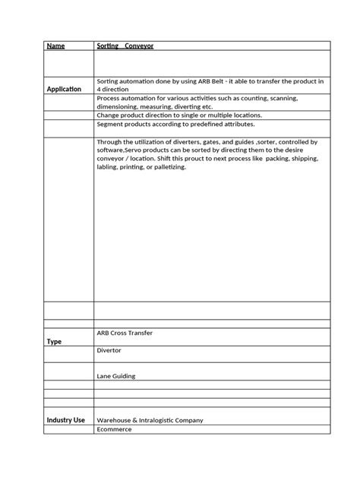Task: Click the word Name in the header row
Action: (x=55, y=46)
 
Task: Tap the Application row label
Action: (x=64, y=89)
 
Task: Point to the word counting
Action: (x=242, y=99)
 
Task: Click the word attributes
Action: (x=235, y=124)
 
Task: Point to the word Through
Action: (x=110, y=142)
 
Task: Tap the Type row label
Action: (x=54, y=342)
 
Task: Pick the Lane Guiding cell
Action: (x=115, y=376)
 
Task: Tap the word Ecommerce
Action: (x=114, y=429)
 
